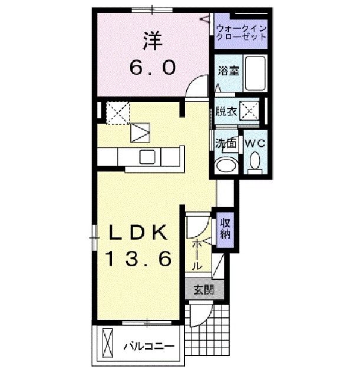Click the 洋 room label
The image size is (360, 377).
pos(152,42)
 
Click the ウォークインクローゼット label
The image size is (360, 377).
pos(242,31)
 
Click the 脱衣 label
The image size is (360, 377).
pos(225,110)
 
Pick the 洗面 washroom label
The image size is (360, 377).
pos(224,143)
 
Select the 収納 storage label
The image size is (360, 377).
pos(225,227)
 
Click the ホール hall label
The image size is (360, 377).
pos(197,253)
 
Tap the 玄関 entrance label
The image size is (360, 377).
pos(201,290)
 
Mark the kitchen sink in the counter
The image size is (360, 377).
pos(147,157)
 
